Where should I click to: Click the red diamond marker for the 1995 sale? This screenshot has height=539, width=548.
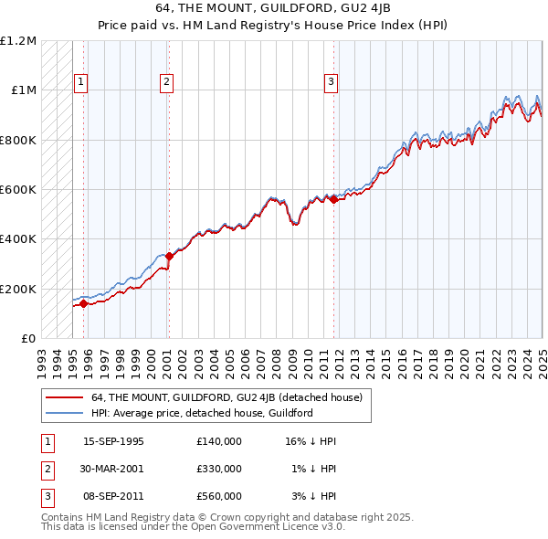point(83,303)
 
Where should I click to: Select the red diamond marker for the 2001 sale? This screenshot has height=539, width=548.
point(169,257)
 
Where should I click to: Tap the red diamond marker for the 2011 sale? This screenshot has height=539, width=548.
point(333,200)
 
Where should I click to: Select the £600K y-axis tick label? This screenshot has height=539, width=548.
point(18,190)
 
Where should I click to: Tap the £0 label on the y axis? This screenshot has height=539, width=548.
point(29,339)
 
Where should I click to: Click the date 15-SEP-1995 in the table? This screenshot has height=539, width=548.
point(113,441)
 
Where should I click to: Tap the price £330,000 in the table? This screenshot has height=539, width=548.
point(218,469)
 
